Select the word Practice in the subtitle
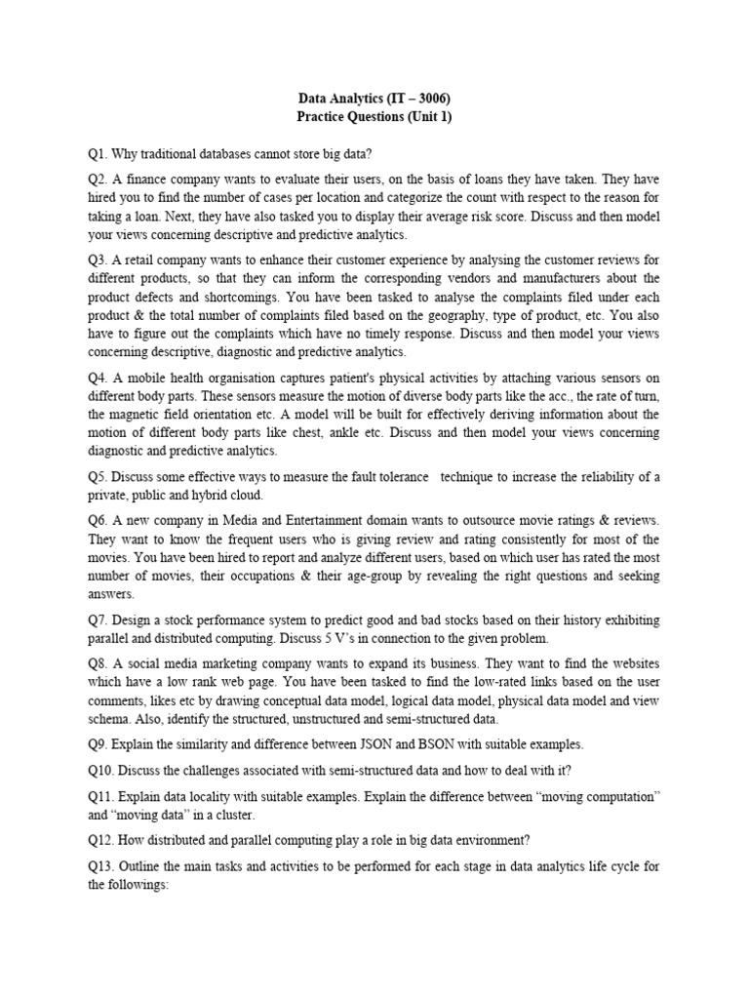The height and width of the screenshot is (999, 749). (x=324, y=117)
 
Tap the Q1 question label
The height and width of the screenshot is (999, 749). (x=98, y=153)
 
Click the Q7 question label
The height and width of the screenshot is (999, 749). (x=98, y=620)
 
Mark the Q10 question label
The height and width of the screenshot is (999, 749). (x=101, y=771)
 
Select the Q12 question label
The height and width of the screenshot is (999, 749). (x=101, y=843)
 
